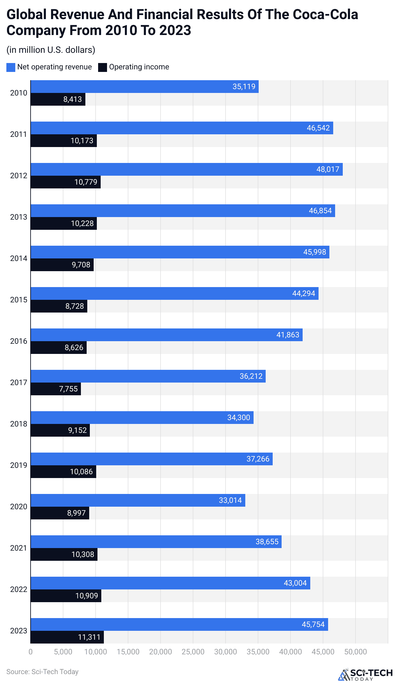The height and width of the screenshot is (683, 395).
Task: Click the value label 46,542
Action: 318,128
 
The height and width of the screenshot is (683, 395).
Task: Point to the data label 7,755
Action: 68,389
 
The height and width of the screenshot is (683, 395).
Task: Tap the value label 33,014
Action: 230,500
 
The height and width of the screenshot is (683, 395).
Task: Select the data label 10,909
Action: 86,596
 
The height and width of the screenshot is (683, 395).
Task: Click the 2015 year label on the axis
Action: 18,300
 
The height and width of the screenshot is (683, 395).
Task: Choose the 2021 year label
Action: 18,548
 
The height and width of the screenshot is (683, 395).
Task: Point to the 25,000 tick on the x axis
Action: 193,652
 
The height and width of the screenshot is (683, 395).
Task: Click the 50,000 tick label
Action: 355,652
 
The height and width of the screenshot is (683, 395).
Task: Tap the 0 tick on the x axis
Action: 31,652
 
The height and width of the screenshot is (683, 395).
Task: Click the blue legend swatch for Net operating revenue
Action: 11,67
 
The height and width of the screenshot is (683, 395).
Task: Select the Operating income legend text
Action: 139,67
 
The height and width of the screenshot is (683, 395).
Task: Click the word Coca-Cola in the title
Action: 325,15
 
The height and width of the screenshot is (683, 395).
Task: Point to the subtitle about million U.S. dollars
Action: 51,50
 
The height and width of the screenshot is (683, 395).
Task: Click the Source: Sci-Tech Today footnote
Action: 42,672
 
